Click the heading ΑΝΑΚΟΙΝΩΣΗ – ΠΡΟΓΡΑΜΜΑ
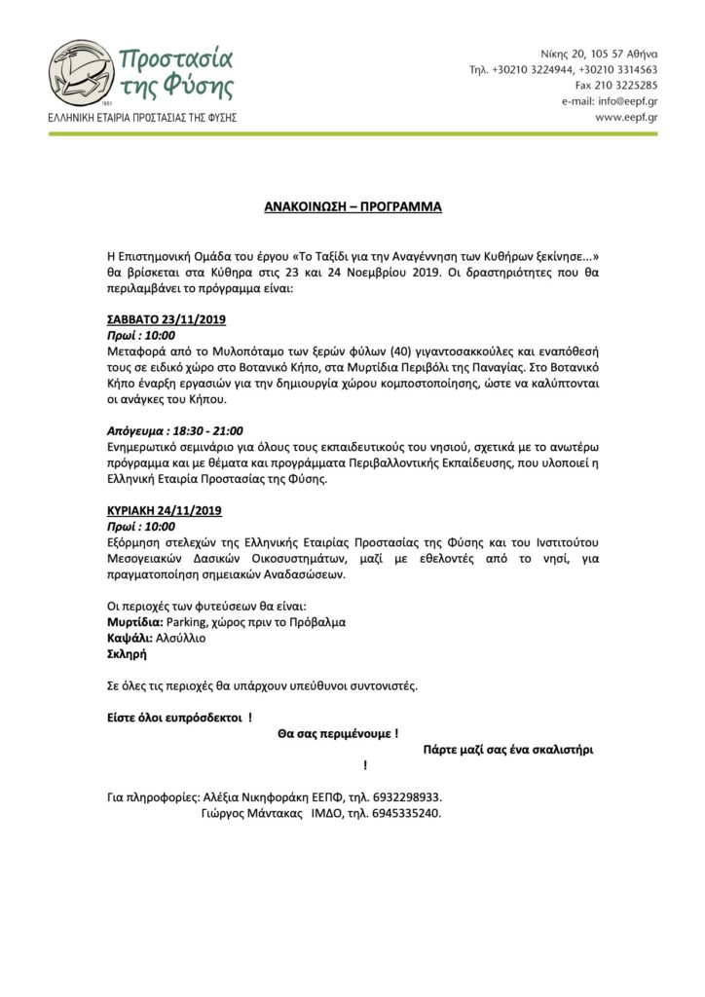click(352, 207)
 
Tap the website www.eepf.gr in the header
click(626, 117)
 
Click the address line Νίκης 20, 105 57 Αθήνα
click(598, 54)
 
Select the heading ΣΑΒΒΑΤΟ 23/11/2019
click(166, 319)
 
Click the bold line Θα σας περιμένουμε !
click(338, 732)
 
